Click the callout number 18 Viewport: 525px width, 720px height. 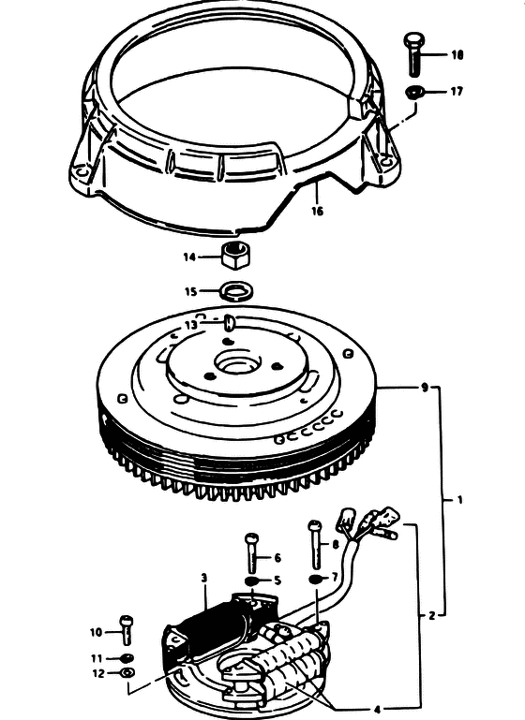tap(457, 55)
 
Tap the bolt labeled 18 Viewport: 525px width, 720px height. tap(414, 54)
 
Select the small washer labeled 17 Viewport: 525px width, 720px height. tap(414, 92)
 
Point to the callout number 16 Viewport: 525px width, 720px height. tap(317, 211)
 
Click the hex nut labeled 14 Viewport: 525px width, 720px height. tap(236, 254)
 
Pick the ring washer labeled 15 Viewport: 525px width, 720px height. tap(238, 291)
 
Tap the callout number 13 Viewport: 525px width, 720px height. tap(191, 325)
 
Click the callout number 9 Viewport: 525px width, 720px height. tap(425, 388)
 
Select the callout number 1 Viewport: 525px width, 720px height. tap(460, 500)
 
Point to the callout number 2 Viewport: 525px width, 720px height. tap(431, 616)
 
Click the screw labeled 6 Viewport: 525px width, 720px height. tap(252, 551)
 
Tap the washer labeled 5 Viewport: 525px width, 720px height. tap(251, 581)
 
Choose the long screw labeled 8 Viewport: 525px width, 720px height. tap(315, 544)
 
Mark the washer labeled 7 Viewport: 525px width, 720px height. tap(316, 578)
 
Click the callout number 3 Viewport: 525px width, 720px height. tap(204, 578)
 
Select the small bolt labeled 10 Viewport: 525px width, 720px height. tap(126, 630)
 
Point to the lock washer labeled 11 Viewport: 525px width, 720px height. tap(126, 658)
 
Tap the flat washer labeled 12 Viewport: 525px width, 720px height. tap(127, 673)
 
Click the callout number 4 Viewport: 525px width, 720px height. tap(377, 710)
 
